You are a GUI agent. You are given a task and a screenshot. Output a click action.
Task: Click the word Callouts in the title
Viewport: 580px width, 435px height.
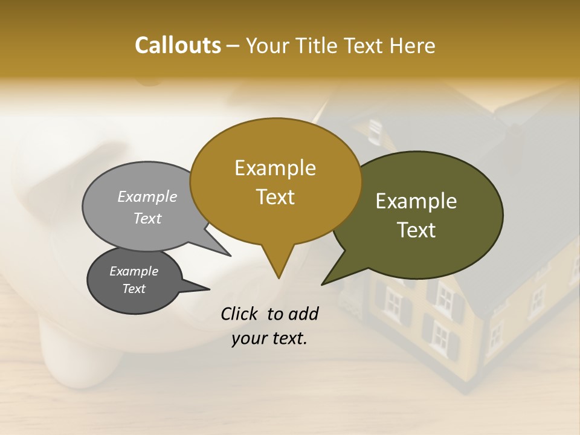point(178,45)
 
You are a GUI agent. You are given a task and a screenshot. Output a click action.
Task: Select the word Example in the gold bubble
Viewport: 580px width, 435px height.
point(275,168)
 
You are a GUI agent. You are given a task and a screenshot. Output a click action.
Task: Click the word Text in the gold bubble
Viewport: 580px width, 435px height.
point(275,197)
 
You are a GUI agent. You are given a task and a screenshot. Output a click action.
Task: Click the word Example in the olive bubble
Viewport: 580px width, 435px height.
point(416,201)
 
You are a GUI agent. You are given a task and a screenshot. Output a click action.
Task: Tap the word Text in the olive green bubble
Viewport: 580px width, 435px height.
point(416,230)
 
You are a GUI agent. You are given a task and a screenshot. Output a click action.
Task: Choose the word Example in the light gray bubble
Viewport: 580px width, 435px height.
point(147,197)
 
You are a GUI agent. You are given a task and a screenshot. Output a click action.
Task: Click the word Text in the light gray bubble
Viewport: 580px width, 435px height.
point(147,218)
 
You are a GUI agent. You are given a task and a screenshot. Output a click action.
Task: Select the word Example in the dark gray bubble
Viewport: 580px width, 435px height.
point(134,271)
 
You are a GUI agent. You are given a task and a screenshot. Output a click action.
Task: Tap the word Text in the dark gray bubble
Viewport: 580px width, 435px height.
point(134,289)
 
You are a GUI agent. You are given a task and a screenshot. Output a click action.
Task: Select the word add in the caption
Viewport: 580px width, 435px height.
point(303,314)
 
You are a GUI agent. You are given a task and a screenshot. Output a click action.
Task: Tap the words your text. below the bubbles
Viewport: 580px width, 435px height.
point(269,338)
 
